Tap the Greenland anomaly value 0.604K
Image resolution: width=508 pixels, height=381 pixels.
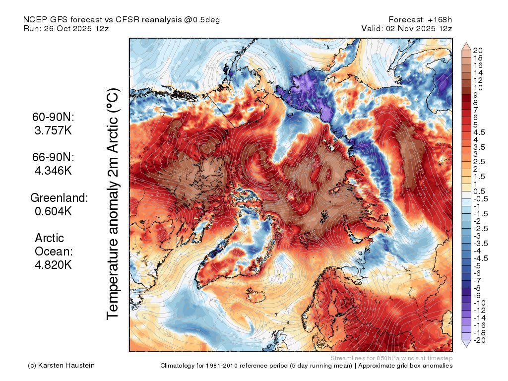click(x=54, y=211)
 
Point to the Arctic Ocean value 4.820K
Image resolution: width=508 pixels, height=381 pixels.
click(x=54, y=265)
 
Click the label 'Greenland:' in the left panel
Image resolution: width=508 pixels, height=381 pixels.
click(x=59, y=198)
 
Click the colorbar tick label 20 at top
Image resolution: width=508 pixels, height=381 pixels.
click(x=478, y=51)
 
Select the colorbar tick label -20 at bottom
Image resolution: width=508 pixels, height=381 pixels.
click(x=480, y=340)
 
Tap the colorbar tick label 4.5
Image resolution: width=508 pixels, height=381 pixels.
click(x=480, y=132)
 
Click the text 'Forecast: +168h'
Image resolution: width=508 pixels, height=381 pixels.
click(x=421, y=20)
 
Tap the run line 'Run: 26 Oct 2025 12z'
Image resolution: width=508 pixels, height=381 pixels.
click(x=66, y=29)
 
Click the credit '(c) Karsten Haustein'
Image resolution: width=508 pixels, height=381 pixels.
click(x=61, y=366)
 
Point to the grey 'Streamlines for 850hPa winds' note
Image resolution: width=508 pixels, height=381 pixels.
click(x=391, y=358)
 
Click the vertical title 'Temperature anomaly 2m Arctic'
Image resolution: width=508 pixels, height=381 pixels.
click(x=114, y=203)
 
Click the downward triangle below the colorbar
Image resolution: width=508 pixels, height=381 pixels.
click(x=466, y=343)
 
